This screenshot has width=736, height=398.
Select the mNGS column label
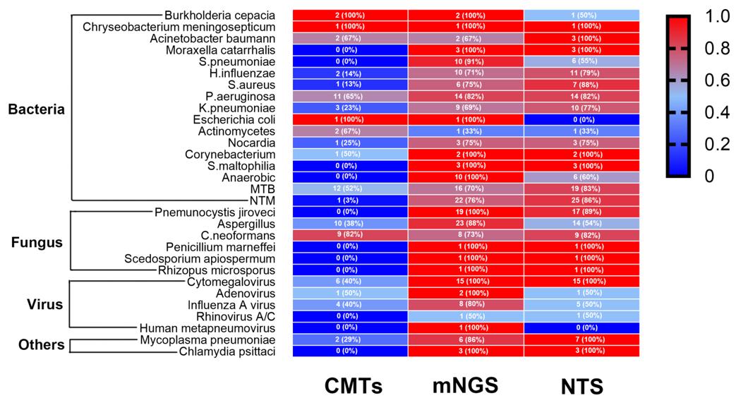[466, 385]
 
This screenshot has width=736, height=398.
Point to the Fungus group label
[37, 242]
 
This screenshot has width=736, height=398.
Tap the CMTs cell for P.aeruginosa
[350, 97]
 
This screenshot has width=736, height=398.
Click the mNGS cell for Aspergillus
[466, 224]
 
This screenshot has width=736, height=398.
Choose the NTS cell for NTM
[581, 201]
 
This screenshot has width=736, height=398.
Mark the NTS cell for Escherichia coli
[581, 120]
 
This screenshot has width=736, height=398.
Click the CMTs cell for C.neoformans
[350, 236]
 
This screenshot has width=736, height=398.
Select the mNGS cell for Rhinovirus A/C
[466, 317]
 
